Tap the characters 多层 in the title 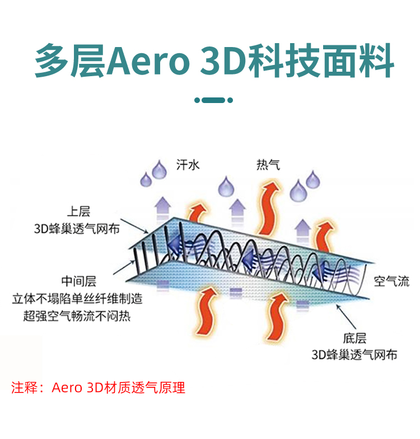[x=69, y=60]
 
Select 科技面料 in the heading [x=323, y=60]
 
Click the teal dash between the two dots [x=213, y=100]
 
